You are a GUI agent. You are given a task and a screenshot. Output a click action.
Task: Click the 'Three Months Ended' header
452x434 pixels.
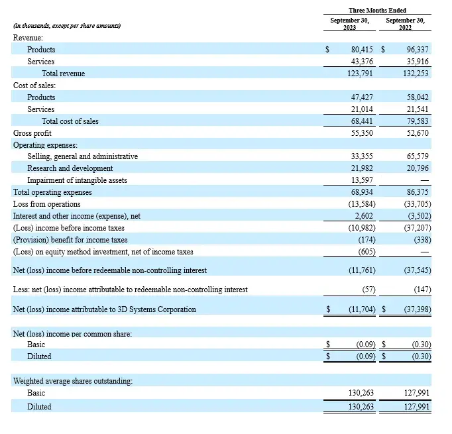[377, 11]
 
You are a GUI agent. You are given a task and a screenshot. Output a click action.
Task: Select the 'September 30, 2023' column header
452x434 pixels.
[349, 25]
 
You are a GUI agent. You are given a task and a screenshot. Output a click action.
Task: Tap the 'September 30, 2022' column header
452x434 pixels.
[406, 25]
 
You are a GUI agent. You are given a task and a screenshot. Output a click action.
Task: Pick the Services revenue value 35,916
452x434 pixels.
[416, 62]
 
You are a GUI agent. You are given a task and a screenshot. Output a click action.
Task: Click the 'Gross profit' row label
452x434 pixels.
[31, 133]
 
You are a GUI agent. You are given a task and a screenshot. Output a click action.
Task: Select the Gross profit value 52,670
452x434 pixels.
[416, 133]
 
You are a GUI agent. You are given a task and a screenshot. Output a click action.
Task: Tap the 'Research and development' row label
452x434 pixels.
[70, 168]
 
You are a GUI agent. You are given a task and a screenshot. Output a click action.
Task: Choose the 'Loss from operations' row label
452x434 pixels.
[46, 204]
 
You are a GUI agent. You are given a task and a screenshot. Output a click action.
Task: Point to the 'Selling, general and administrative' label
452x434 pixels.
[82, 156]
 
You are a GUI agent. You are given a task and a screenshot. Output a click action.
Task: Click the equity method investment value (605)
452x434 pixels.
[363, 252]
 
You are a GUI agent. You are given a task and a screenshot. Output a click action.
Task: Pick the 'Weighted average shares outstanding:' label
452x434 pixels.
[72, 380]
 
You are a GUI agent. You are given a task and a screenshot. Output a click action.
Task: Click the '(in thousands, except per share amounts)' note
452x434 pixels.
[68, 26]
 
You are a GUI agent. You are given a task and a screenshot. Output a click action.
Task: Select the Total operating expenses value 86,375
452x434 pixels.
[416, 192]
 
